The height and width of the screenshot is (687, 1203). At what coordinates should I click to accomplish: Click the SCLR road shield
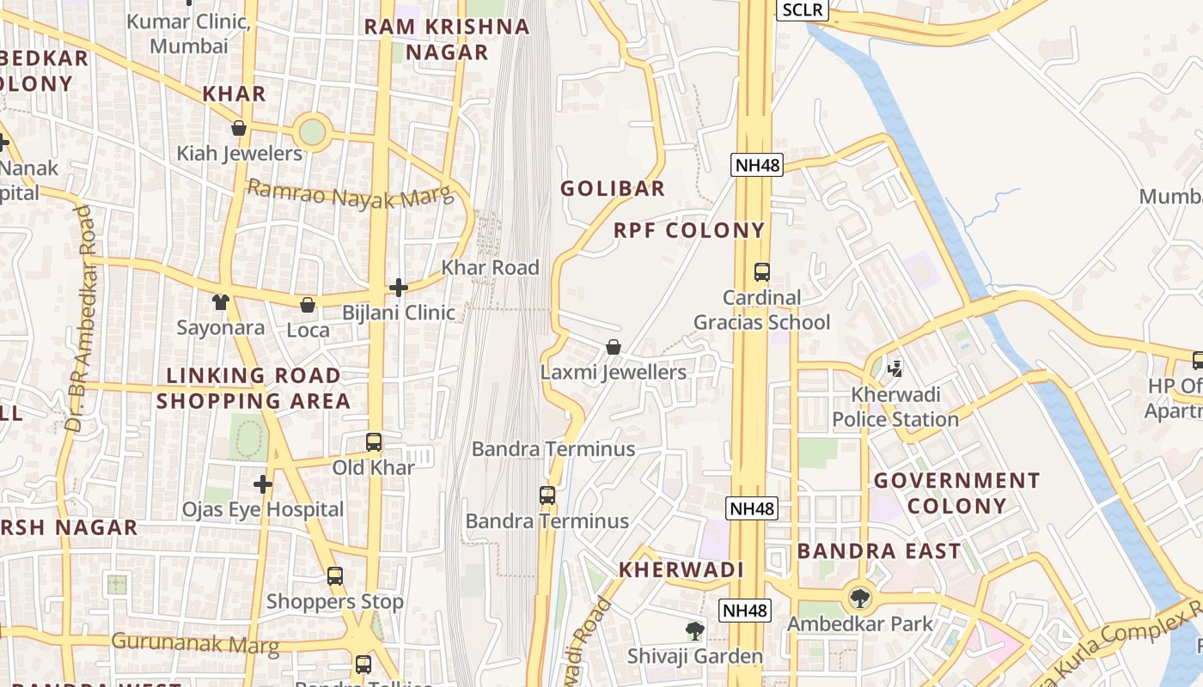tap(803, 10)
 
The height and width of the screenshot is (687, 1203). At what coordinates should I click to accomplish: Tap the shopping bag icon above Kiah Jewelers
tap(239, 129)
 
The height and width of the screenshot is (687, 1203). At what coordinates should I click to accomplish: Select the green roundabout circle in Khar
tap(312, 132)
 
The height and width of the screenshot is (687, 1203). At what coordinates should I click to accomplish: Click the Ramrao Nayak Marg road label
tap(350, 194)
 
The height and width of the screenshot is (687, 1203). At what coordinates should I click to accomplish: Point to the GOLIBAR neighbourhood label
tap(613, 189)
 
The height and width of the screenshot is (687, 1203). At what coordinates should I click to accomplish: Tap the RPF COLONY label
tap(688, 230)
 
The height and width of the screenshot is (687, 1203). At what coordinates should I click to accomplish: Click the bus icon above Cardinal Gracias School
tap(761, 272)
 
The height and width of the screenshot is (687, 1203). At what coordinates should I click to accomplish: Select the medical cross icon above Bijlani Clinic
tap(399, 288)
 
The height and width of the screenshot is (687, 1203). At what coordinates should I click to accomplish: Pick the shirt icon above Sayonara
tap(221, 302)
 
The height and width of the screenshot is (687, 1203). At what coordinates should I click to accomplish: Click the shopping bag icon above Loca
tap(308, 305)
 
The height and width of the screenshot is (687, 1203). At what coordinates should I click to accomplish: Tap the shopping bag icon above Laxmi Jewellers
tap(614, 347)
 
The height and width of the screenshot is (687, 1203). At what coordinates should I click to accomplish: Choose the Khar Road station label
tap(490, 268)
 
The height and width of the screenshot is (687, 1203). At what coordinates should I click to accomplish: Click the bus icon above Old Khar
tap(374, 442)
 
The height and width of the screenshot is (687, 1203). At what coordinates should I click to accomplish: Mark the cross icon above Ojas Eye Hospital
tap(263, 484)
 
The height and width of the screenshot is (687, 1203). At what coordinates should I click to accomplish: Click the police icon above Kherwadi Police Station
tap(895, 369)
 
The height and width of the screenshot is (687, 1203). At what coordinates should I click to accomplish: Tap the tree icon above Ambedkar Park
tap(859, 598)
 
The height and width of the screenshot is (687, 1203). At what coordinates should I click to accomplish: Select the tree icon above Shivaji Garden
tap(694, 631)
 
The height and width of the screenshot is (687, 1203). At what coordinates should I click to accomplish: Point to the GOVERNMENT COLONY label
tap(956, 493)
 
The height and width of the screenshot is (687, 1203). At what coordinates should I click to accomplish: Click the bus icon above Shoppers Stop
tap(335, 576)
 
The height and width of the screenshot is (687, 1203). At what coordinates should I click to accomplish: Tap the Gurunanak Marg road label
tap(195, 643)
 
